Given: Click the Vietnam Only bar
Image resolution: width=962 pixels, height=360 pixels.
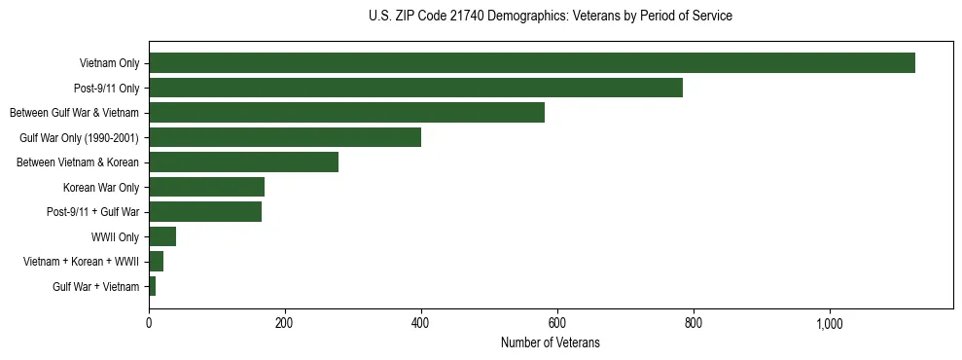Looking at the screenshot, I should coord(531,63).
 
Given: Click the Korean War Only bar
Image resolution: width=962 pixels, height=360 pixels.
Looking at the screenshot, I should coord(206,187).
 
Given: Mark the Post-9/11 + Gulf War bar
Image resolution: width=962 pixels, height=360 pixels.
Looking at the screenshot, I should coord(205,212).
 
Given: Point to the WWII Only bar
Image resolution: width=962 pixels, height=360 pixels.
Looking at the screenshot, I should coord(162,236).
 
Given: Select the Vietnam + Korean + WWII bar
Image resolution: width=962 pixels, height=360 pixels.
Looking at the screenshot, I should coord(156,262).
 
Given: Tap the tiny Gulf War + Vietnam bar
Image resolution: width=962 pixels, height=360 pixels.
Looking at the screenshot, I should coord(152,286).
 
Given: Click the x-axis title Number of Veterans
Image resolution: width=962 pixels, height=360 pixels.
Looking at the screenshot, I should coord(551,343).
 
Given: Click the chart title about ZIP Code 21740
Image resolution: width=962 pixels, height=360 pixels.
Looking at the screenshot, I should coord(551,17).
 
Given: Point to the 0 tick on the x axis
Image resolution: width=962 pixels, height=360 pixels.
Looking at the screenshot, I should coord(149,323).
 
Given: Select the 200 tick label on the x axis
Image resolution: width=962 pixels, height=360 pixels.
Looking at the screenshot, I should coord(285,323).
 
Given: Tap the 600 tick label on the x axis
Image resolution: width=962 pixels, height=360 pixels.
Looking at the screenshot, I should coord(557,323).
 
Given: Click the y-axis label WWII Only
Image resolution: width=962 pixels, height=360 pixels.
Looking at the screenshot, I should coord(115,236).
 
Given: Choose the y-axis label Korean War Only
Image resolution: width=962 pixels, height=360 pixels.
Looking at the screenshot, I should coord(101,187).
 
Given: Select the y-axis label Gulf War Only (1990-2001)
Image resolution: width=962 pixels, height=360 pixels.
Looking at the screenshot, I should coord(79,137).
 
